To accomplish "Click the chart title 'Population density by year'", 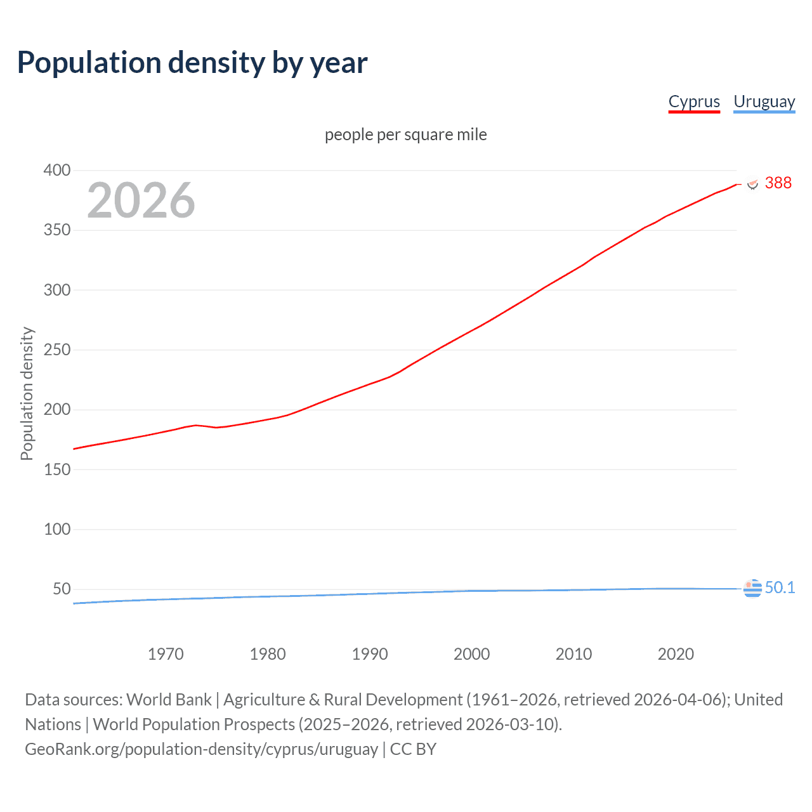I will click(192, 63).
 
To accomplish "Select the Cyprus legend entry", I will click(694, 101).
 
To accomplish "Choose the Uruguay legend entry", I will click(764, 101).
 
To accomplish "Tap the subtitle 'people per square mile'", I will click(405, 134).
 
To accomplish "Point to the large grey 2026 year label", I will click(141, 200).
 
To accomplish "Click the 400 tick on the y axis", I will click(56, 170).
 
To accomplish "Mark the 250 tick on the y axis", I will click(56, 350).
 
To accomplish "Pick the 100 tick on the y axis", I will click(56, 529).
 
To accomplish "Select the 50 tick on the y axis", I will click(62, 589).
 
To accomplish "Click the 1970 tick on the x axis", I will click(166, 654).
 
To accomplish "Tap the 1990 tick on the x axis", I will click(370, 654).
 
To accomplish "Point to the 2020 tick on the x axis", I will click(676, 654).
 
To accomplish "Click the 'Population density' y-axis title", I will click(27, 393).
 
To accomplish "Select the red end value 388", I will click(778, 183).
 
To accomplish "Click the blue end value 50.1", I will click(780, 588).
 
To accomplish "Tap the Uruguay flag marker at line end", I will click(752, 589).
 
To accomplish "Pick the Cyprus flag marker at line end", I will click(752, 183).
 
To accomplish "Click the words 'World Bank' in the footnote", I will click(169, 700).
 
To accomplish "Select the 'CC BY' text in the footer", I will click(413, 749).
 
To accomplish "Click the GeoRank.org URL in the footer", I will click(201, 749).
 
